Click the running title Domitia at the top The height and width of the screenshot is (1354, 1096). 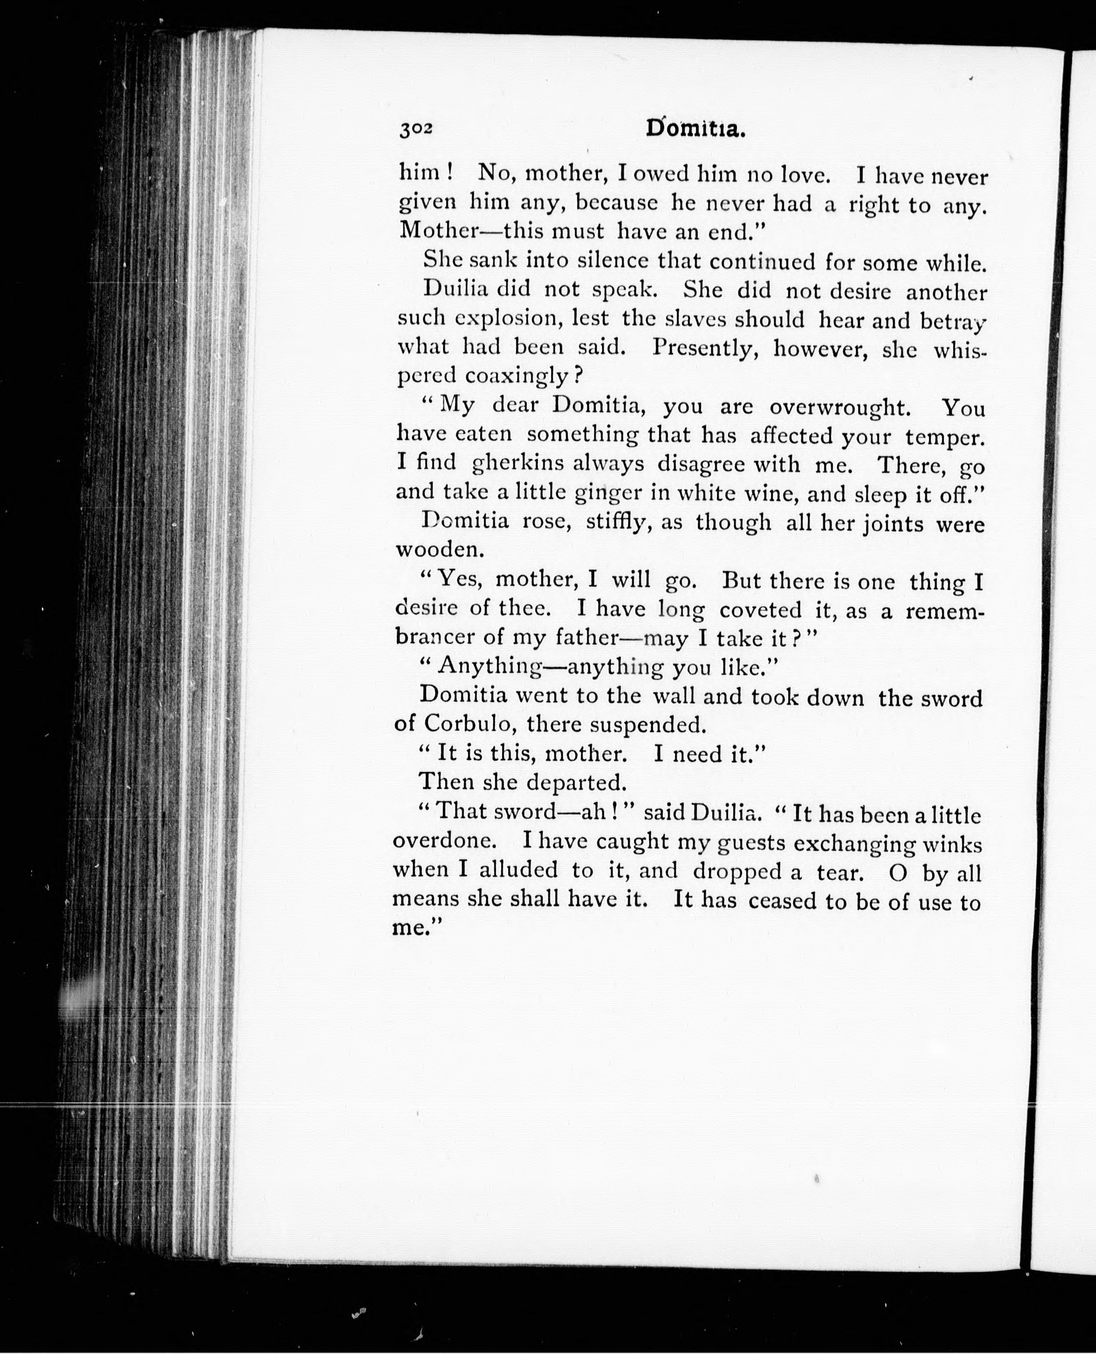696,129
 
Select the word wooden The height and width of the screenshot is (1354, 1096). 439,550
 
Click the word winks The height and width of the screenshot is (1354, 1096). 952,844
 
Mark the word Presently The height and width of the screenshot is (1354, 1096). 705,348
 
